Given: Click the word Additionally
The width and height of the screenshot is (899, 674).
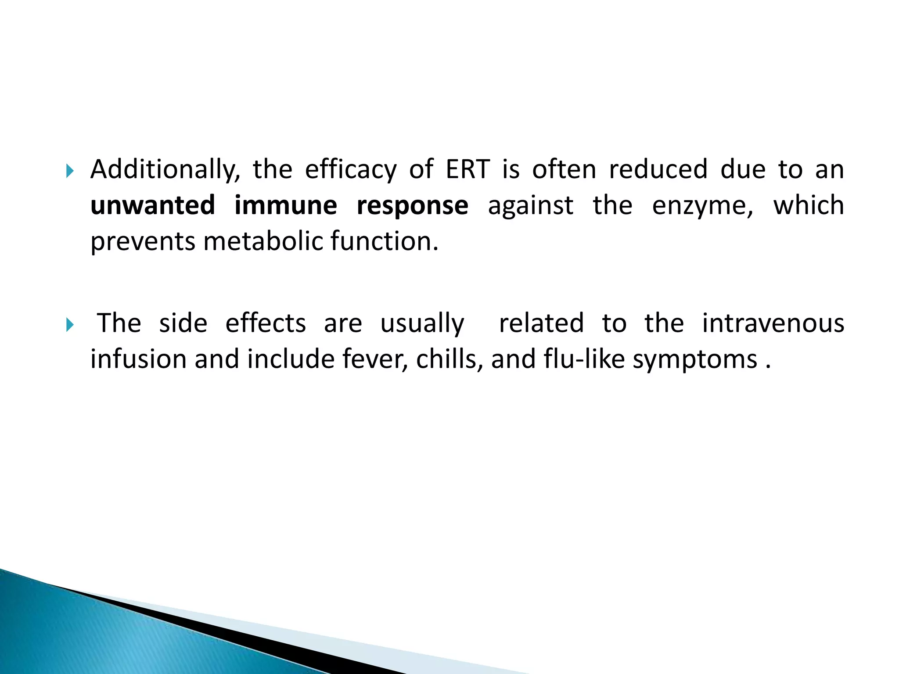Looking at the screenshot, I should (165, 170).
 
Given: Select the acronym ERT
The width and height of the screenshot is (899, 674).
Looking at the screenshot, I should (467, 170).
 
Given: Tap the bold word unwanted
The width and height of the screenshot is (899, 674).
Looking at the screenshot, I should (153, 205).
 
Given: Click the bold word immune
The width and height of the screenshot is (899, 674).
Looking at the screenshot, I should (286, 205).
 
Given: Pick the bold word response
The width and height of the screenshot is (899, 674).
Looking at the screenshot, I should (412, 206).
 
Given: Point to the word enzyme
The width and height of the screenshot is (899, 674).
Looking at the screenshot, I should (702, 206).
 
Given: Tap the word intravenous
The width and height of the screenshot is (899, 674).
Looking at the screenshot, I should (773, 323).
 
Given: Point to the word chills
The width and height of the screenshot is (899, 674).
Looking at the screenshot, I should (449, 359).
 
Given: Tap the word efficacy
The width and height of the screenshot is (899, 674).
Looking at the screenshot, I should (351, 170).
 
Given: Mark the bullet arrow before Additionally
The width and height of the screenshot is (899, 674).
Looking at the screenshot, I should (69, 171).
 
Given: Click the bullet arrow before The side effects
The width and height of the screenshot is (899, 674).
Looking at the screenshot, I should (69, 325).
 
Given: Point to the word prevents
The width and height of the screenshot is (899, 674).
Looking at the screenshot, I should (143, 242).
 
